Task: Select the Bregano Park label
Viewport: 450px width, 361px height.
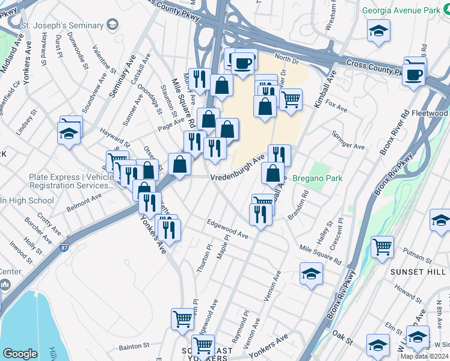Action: click(x=316, y=179)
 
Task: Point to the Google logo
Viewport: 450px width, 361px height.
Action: click(x=20, y=354)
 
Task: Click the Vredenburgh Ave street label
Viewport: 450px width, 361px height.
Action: click(x=238, y=170)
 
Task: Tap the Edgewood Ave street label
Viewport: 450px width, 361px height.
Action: click(x=227, y=229)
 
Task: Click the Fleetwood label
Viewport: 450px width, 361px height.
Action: click(x=430, y=113)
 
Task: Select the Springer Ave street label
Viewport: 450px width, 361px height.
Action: click(x=353, y=145)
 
